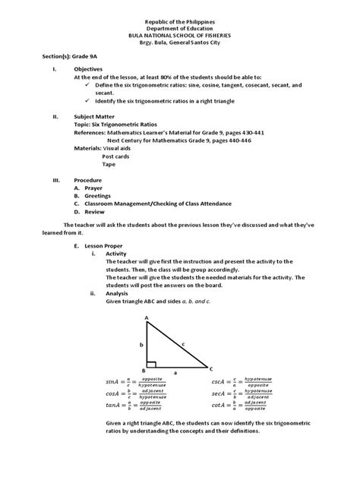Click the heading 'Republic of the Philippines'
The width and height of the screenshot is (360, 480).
180,16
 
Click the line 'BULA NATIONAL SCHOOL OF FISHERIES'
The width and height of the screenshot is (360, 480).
180,36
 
